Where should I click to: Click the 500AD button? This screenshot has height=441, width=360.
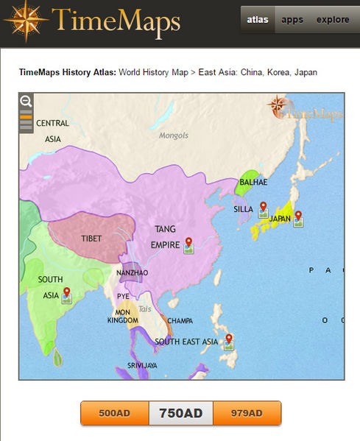tap(114, 413)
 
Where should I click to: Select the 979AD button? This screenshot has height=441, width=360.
tap(247, 413)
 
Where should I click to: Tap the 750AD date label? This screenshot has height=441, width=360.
tap(180, 413)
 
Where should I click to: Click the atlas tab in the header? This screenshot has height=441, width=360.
tap(256, 20)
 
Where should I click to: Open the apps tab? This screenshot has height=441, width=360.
tap(292, 20)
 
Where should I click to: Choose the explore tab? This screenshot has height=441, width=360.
tap(333, 20)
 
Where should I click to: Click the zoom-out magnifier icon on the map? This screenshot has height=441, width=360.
tap(26, 102)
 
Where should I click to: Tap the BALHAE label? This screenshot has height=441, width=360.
tap(254, 182)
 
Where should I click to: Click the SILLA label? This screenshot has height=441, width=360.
tap(243, 209)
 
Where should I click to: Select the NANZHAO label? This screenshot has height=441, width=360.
tap(133, 272)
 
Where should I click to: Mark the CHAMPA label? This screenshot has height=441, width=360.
tap(180, 321)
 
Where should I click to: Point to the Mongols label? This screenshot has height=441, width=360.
tap(174, 135)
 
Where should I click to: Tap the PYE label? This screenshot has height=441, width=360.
tap(123, 296)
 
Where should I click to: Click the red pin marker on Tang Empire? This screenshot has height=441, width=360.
tap(188, 241)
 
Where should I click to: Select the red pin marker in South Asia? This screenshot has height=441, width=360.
tap(66, 292)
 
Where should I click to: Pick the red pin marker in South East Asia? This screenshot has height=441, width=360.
tap(229, 339)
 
